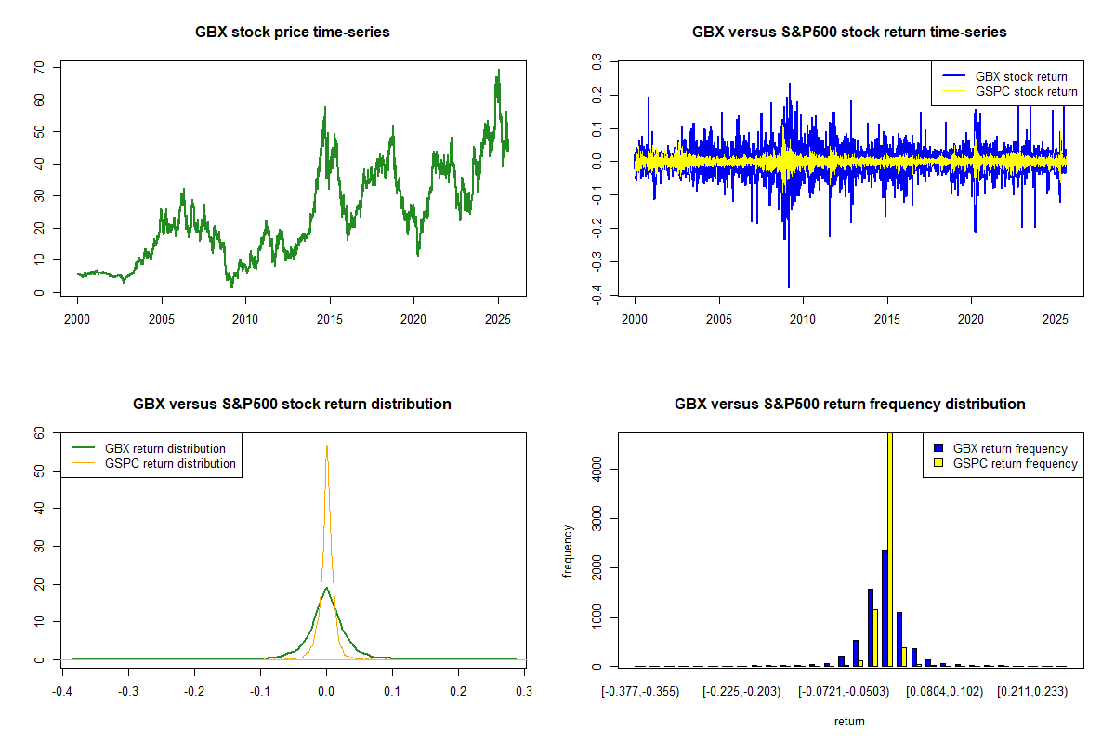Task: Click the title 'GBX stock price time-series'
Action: click(x=292, y=33)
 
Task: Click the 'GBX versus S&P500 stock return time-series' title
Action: click(x=849, y=33)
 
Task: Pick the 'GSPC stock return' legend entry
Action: click(x=1026, y=91)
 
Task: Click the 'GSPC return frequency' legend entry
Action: click(x=1016, y=463)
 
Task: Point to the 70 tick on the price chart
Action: click(x=38, y=68)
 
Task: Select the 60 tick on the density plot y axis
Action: click(x=38, y=433)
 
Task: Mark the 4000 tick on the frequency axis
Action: click(x=596, y=471)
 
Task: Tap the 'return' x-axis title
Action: click(x=849, y=721)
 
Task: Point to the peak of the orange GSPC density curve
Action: click(x=326, y=446)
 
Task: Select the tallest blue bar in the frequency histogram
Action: click(x=885, y=608)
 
